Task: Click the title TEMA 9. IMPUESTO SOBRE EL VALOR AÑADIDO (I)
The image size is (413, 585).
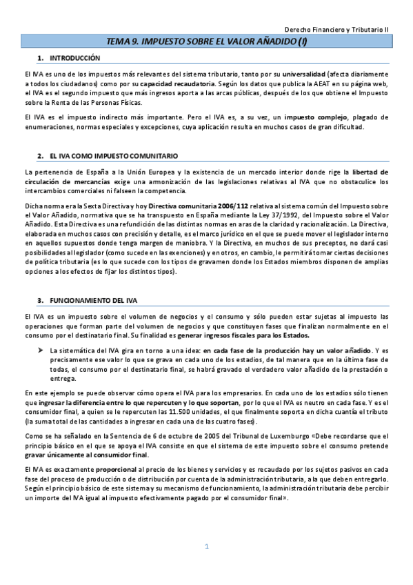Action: pos(206,43)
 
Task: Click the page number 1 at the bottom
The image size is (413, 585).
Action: pos(206,547)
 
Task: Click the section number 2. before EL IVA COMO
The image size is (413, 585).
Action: pos(41,156)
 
